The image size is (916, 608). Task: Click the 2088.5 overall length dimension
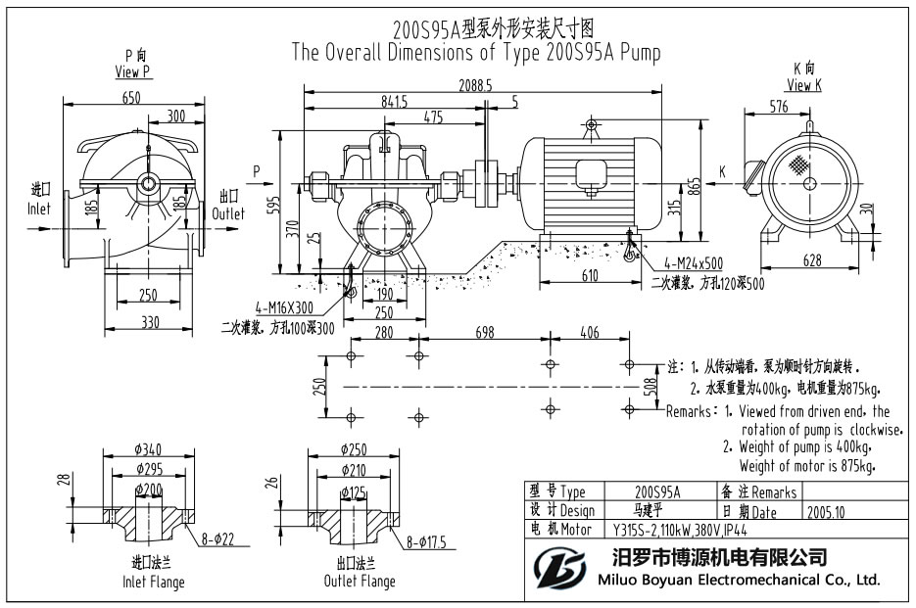click(x=474, y=86)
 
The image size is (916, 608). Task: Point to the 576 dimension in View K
click(x=779, y=107)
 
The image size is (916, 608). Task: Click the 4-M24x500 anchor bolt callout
click(x=692, y=263)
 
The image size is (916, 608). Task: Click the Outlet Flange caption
click(x=360, y=582)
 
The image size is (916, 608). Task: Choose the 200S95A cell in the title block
click(x=657, y=492)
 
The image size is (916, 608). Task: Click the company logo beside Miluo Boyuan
click(x=559, y=568)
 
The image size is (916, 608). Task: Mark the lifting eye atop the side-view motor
click(x=591, y=124)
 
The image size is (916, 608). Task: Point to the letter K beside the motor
click(x=722, y=170)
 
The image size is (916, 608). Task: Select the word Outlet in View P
click(x=228, y=212)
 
